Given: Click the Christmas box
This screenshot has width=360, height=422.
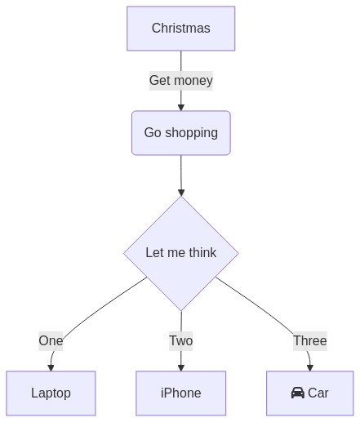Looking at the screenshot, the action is pyautogui.click(x=181, y=29).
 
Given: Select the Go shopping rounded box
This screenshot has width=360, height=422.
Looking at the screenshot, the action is pyautogui.click(x=181, y=133).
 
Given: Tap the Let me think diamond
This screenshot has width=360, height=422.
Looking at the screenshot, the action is pyautogui.click(x=181, y=253).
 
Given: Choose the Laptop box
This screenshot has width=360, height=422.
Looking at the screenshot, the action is pyautogui.click(x=51, y=393).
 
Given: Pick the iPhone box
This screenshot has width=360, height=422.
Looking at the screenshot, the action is pyautogui.click(x=181, y=393).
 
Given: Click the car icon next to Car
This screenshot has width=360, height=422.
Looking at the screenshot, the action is pyautogui.click(x=298, y=393).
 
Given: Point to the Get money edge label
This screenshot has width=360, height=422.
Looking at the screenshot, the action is pyautogui.click(x=181, y=81).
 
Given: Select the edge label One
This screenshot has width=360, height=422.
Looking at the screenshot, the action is pyautogui.click(x=51, y=341).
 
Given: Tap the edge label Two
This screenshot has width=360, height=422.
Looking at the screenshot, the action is pyautogui.click(x=181, y=341).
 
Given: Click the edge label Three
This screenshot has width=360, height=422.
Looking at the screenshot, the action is pyautogui.click(x=310, y=341).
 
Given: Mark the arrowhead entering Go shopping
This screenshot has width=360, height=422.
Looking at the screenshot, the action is pyautogui.click(x=181, y=107).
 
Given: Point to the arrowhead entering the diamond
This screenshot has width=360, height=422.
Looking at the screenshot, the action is pyautogui.click(x=181, y=193).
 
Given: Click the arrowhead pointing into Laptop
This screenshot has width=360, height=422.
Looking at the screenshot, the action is pyautogui.click(x=51, y=367).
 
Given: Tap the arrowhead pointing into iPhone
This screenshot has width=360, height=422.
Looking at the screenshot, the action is pyautogui.click(x=181, y=367).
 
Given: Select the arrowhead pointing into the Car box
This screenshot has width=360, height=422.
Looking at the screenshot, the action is pyautogui.click(x=310, y=367).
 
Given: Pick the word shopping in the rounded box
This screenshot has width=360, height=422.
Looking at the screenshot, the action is pyautogui.click(x=191, y=133).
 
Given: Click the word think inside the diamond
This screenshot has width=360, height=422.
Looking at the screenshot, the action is pyautogui.click(x=202, y=252).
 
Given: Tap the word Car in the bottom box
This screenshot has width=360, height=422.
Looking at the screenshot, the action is pyautogui.click(x=318, y=393).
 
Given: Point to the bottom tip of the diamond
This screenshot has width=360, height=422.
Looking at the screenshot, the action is pyautogui.click(x=181, y=310).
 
